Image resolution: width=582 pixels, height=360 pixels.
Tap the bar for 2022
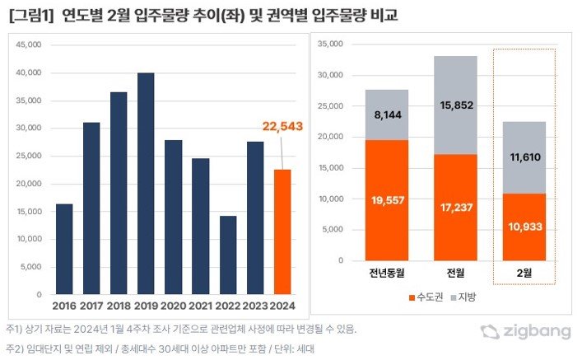(x=227, y=255)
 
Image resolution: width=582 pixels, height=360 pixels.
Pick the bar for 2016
(x=64, y=249)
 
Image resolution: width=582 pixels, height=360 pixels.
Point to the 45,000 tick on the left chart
(x=29, y=44)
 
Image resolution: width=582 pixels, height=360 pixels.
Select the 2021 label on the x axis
(x=200, y=306)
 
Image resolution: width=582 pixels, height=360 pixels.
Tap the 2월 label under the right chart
(x=525, y=274)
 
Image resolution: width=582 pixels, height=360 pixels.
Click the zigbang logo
(x=526, y=332)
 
